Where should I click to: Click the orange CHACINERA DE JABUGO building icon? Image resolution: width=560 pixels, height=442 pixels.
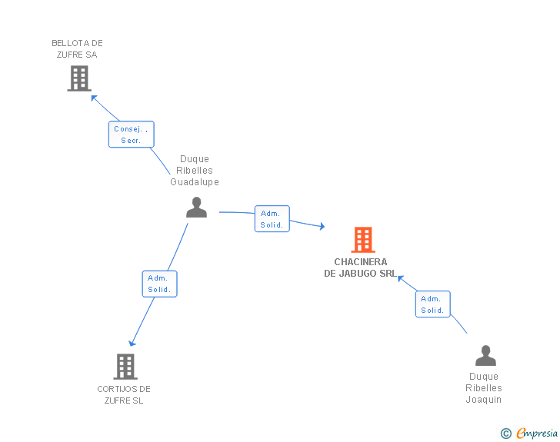coord(363,240)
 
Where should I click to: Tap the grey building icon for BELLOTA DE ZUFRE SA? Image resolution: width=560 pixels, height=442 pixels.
coord(79,78)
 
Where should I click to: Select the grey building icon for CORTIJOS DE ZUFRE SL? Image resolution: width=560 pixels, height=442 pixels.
coord(125,367)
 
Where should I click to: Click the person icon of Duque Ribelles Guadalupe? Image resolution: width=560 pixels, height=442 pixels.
coord(197,208)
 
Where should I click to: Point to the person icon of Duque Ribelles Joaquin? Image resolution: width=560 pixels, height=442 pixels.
coord(485,355)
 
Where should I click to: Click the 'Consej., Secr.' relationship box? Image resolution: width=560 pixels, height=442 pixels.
coord(131,135)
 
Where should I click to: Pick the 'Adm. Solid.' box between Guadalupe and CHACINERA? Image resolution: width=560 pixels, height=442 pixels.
coord(272,219)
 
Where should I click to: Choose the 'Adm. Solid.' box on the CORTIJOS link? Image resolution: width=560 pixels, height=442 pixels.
coord(159,284)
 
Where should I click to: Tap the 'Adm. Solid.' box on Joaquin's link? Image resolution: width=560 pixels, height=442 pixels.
coord(432,304)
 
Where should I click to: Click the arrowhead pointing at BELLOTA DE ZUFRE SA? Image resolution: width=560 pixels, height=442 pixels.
coord(94,98)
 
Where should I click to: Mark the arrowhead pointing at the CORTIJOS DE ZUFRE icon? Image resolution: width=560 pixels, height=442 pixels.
coord(132,343)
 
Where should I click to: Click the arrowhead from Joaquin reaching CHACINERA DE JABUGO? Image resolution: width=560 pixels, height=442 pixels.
coord(400,277)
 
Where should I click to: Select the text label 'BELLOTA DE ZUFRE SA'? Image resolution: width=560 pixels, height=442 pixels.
coord(77,49)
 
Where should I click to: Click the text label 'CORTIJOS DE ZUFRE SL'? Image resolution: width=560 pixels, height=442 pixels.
coord(124,394)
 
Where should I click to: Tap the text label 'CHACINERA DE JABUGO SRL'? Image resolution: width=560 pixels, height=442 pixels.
coord(361,268)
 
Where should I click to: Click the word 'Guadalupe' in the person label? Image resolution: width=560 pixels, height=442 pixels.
coord(195,182)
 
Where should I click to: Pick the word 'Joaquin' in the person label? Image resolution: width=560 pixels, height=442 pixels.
coord(484,400)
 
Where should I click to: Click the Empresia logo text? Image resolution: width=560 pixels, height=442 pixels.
coord(537,434)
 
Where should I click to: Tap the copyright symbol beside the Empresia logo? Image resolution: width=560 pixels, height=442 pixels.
coord(506,434)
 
